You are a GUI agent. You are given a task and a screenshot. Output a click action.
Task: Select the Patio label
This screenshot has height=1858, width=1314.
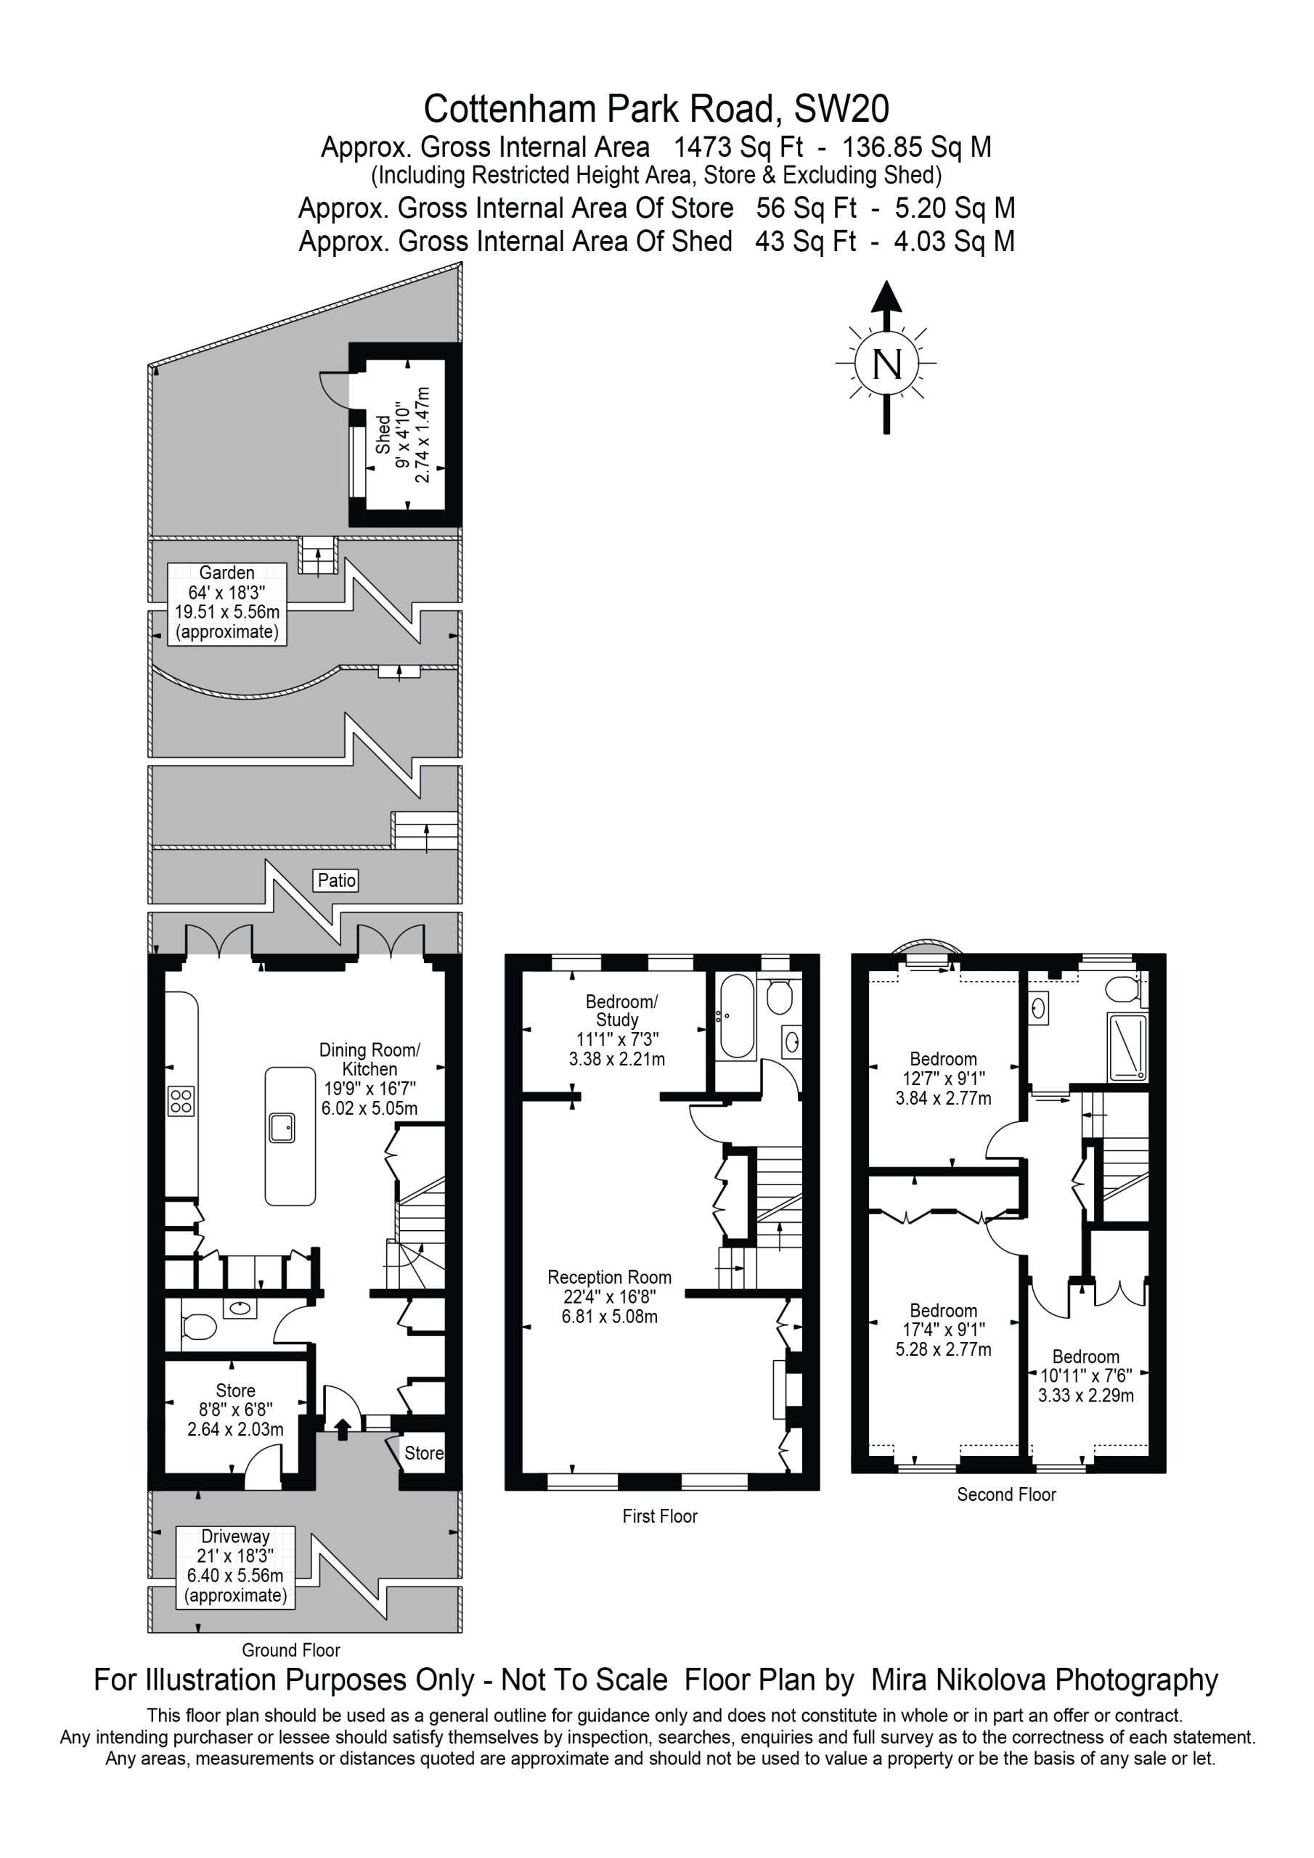point(336,880)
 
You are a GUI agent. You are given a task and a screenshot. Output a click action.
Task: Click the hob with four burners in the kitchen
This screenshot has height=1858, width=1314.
point(181,1101)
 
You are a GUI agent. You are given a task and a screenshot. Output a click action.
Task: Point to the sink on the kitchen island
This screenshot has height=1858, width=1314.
point(282,1127)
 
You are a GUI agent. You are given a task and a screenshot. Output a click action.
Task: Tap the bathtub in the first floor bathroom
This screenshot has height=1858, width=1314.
point(737,1016)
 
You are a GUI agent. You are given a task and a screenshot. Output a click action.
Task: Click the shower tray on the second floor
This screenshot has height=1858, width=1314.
point(1126,1048)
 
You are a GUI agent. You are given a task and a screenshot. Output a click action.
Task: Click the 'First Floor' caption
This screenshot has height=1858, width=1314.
point(660,1515)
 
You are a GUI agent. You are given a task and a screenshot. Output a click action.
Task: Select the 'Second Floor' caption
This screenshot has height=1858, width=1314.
point(1006,1494)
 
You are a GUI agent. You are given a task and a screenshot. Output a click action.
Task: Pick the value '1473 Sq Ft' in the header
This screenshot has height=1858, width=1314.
point(738,147)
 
